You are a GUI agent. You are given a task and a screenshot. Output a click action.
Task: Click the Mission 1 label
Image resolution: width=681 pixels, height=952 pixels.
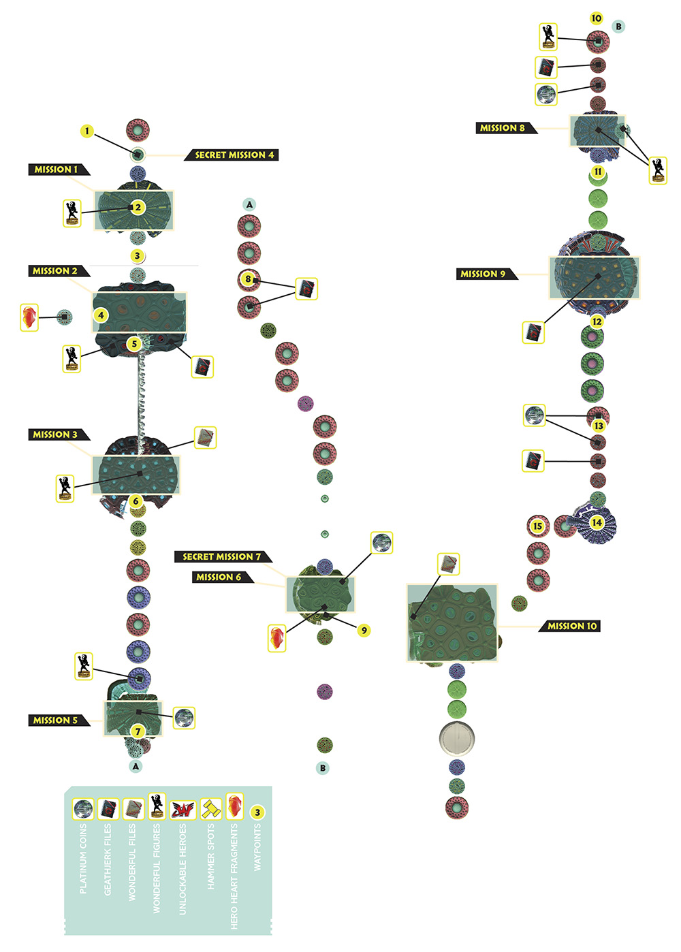59,169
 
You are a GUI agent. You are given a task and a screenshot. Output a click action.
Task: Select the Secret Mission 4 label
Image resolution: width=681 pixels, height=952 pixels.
232,155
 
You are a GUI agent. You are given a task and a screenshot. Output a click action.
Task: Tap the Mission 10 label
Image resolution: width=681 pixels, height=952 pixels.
569,626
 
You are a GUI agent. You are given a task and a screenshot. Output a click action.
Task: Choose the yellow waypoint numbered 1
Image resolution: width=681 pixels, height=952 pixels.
87,131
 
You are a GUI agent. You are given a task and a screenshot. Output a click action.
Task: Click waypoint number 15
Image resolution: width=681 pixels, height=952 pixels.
538,526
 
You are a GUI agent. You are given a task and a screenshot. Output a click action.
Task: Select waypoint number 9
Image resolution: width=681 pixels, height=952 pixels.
364,631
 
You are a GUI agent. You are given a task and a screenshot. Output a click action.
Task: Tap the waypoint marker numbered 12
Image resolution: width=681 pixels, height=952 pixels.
597,321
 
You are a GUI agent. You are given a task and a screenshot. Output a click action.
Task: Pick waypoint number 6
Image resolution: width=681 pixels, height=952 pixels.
136,501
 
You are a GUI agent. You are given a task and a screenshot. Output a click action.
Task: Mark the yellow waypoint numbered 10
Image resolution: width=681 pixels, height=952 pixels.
597,18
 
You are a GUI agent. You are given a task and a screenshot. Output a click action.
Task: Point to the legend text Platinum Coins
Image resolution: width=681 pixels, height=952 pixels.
83,859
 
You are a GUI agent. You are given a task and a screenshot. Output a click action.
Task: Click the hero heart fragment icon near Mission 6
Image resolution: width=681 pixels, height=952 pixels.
276,638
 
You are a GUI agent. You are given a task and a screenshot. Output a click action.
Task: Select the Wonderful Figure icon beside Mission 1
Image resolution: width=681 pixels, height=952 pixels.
72,213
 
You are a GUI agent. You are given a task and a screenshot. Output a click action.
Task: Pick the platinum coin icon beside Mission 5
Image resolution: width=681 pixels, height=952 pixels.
184,718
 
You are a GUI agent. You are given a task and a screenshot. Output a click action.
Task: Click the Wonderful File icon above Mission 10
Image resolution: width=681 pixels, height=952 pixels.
449,564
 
